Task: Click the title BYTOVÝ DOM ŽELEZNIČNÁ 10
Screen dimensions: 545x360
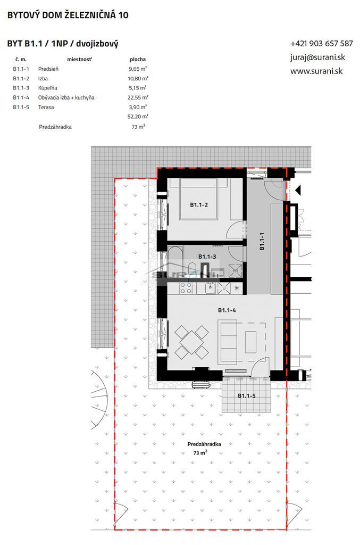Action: coord(68,15)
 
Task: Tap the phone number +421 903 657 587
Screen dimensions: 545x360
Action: coord(321,44)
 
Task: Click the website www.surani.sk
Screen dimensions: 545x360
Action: coord(316,70)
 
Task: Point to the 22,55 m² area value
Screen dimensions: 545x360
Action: coord(138,97)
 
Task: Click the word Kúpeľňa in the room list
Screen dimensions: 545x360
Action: coord(48,88)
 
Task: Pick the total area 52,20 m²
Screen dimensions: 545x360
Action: coord(138,116)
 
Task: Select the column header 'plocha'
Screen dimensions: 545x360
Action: coord(137,60)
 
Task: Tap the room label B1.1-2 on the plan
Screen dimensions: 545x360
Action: coord(199,204)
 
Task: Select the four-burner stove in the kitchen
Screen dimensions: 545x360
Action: coord(186,288)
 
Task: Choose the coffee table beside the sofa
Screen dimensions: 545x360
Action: coord(250,339)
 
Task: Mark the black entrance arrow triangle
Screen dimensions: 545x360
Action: coord(298,189)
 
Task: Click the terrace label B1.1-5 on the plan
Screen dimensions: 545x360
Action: coord(246,395)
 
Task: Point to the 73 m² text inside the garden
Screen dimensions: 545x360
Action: coord(200,453)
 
